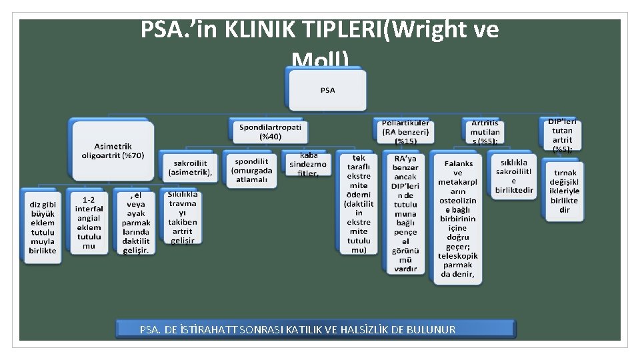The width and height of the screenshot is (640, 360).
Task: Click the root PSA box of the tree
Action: click(x=327, y=90)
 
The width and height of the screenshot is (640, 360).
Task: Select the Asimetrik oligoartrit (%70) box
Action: click(x=112, y=151)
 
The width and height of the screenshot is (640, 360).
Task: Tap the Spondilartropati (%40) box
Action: click(x=270, y=131)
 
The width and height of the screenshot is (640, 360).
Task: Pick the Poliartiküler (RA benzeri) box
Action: click(x=405, y=132)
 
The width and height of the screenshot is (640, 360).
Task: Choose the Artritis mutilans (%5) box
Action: click(x=485, y=132)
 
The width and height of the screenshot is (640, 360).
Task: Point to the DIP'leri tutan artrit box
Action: click(x=561, y=135)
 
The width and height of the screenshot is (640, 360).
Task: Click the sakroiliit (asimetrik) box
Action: click(x=190, y=167)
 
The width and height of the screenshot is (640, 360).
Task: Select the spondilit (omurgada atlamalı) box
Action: click(x=251, y=170)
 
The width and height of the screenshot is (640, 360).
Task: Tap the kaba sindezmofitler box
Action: click(x=307, y=164)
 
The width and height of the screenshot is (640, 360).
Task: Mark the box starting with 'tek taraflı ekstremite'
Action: click(x=358, y=204)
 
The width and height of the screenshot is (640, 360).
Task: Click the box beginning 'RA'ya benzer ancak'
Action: click(x=405, y=213)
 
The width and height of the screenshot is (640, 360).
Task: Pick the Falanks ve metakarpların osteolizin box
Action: click(x=457, y=218)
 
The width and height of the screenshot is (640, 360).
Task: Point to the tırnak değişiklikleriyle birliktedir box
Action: click(x=564, y=191)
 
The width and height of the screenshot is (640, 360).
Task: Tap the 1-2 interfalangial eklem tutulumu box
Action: click(x=89, y=223)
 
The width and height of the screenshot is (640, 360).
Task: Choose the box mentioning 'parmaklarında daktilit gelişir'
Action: click(x=136, y=222)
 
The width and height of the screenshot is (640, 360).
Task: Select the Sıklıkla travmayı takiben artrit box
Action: click(x=182, y=217)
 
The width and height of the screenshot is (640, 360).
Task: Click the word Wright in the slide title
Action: click(x=425, y=30)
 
